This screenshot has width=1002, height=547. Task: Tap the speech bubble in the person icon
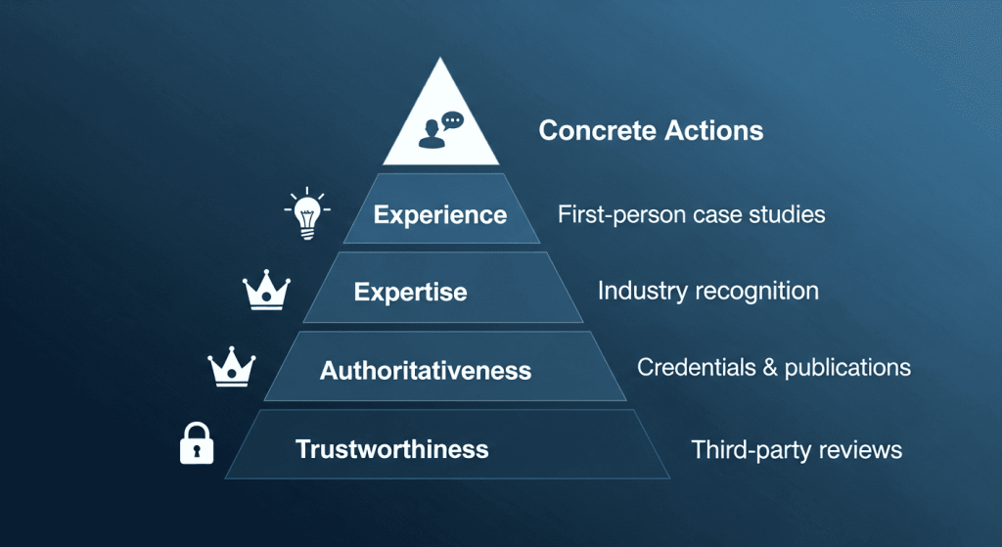pyautogui.click(x=452, y=120)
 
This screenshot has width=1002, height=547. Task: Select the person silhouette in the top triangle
pyautogui.click(x=432, y=134)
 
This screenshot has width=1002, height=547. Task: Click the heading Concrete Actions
pyautogui.click(x=651, y=130)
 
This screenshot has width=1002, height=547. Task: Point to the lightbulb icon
pyautogui.click(x=307, y=213)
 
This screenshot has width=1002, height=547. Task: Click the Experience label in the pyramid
pyautogui.click(x=440, y=214)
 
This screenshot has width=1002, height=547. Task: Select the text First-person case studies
pyautogui.click(x=692, y=214)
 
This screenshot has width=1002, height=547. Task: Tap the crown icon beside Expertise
pyautogui.click(x=266, y=290)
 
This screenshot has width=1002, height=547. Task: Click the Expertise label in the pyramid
pyautogui.click(x=410, y=292)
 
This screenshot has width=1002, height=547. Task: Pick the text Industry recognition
pyautogui.click(x=708, y=291)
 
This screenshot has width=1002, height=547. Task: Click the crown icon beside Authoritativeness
pyautogui.click(x=231, y=367)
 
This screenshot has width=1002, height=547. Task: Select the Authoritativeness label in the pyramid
pyautogui.click(x=426, y=371)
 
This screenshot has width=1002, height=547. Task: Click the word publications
pyautogui.click(x=847, y=368)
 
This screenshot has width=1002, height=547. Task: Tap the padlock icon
pyautogui.click(x=197, y=443)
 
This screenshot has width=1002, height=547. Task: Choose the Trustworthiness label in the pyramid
pyautogui.click(x=391, y=449)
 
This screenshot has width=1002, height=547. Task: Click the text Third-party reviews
pyautogui.click(x=797, y=450)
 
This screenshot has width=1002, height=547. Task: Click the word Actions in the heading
pyautogui.click(x=713, y=130)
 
